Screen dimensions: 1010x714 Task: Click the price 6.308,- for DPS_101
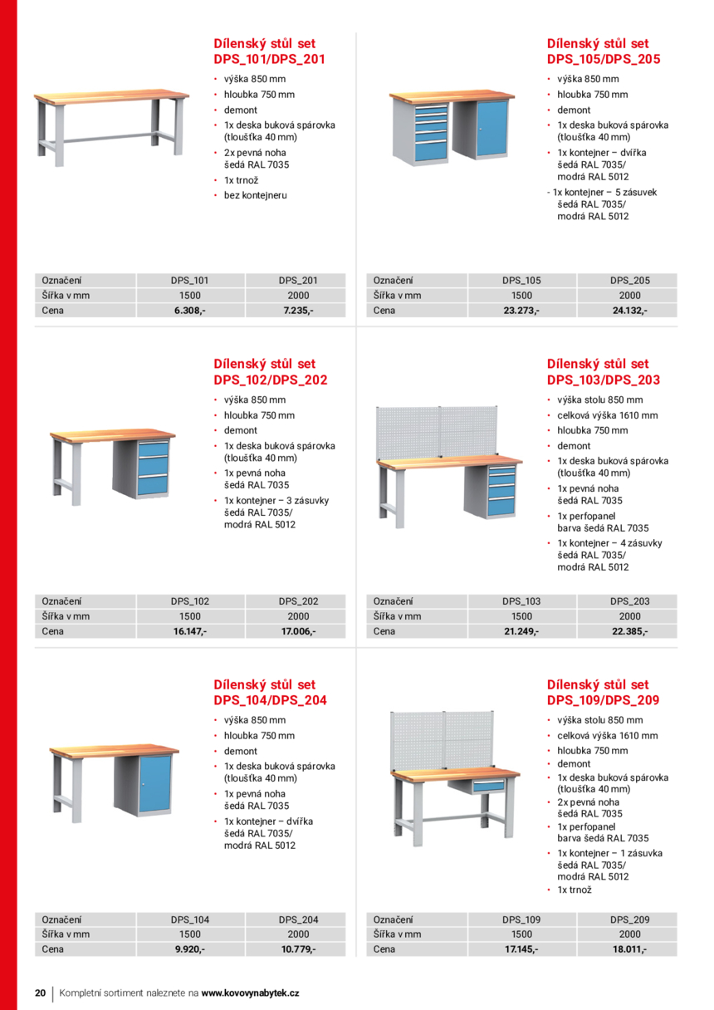189,311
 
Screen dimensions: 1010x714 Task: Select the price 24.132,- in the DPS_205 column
629,311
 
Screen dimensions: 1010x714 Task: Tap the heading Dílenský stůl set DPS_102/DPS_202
270,372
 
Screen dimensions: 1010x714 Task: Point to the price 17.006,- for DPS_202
298,631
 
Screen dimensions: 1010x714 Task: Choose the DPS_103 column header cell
521,601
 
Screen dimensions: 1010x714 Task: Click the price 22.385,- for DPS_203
629,631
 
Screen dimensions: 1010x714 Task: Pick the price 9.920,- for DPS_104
189,949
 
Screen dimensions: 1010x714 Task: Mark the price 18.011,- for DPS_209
629,949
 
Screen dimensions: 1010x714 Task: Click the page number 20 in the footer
40,993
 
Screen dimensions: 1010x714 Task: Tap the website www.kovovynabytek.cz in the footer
250,993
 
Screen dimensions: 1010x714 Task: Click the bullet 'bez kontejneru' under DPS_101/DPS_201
255,195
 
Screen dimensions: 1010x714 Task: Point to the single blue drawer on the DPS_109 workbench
488,785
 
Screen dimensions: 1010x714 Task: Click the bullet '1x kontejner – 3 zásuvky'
276,500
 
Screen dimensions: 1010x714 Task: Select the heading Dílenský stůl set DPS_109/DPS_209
603,693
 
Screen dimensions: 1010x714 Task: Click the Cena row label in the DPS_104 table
53,949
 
